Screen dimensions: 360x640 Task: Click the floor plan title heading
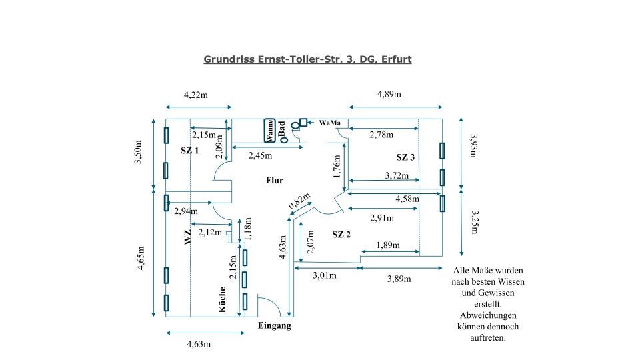click(307, 59)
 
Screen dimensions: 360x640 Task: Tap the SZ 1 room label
click(190, 151)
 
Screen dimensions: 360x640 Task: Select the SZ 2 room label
click(341, 235)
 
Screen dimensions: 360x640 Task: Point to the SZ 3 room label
click(405, 157)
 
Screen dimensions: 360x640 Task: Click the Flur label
click(275, 181)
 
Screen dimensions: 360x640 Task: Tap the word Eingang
click(274, 326)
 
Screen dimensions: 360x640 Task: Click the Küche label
click(223, 300)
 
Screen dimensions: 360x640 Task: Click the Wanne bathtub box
click(269, 130)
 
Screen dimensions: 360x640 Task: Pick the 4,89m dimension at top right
click(389, 94)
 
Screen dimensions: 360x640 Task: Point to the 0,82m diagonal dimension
click(298, 202)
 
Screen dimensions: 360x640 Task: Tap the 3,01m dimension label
click(324, 275)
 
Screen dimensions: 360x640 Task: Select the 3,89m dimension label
click(399, 279)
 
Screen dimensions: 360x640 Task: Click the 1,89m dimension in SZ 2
click(387, 245)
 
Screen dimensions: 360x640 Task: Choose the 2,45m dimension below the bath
click(260, 155)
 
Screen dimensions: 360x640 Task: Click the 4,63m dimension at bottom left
click(198, 344)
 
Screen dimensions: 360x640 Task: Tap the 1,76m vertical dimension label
click(337, 165)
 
